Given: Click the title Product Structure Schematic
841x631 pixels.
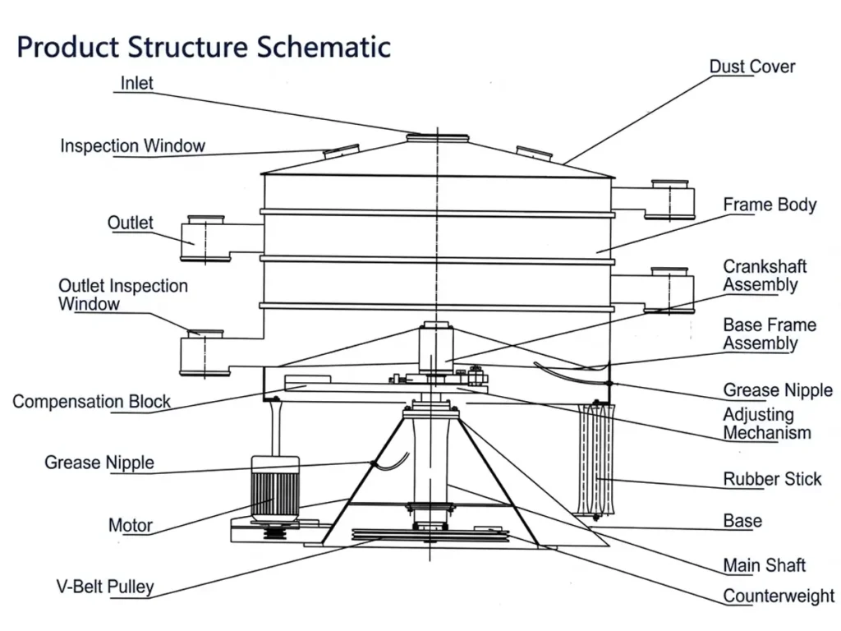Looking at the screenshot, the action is pos(204,47).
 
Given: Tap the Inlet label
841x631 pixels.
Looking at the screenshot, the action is pos(137,83).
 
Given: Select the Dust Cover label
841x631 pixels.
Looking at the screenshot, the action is pos(752,67).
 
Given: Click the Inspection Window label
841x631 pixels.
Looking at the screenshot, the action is pos(132,146).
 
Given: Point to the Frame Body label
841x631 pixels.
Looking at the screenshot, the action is pos(770,205).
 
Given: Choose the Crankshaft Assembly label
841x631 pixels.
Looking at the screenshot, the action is pos(765,275).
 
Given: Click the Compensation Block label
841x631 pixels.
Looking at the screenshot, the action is pos(91,401).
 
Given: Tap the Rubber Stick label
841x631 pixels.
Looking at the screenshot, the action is pos(772,479).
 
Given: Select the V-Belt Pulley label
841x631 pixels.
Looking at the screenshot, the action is pos(105,587).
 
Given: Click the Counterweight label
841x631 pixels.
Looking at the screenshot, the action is pos(779,596).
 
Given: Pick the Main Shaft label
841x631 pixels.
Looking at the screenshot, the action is pos(765,565).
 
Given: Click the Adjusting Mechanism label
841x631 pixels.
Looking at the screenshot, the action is pos(767,423).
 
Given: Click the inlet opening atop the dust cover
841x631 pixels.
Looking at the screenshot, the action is pos(437,138).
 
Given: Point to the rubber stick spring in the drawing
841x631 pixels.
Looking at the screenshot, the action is pos(596,460).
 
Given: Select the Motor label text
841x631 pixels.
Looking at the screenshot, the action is pos(131,525).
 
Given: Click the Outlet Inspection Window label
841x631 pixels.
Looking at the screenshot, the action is pos(123,295).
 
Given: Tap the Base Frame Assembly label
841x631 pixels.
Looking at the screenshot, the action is pos(770,334).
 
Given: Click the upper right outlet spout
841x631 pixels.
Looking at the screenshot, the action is pos(669,200).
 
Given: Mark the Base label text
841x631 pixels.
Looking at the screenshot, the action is pos(742,520).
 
